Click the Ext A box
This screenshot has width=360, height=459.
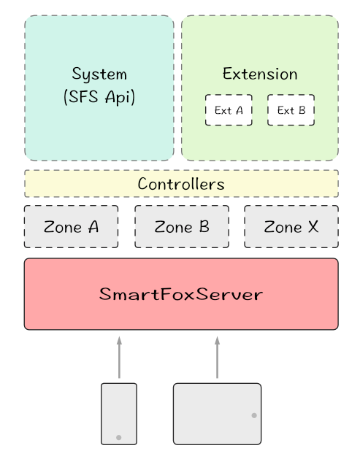point(229,110)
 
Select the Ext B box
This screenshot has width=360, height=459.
point(291,110)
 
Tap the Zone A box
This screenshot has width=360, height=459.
point(72,227)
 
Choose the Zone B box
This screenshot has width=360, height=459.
point(182,227)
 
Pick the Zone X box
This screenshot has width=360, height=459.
point(291,227)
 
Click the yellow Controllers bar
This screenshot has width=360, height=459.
point(181,184)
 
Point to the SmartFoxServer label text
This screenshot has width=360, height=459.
point(181,296)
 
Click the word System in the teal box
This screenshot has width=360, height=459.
point(99,74)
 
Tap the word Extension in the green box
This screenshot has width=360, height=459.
point(260,74)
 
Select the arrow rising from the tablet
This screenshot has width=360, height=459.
point(217,358)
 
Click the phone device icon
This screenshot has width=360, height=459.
point(118,413)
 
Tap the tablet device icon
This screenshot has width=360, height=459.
point(217,413)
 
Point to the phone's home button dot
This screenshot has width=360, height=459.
point(118,437)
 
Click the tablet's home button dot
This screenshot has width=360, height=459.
point(253,414)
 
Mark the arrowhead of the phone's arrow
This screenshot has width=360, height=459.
point(118,340)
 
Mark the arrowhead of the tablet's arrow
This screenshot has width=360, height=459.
point(217,340)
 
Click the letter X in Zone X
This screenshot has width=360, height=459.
point(313,227)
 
